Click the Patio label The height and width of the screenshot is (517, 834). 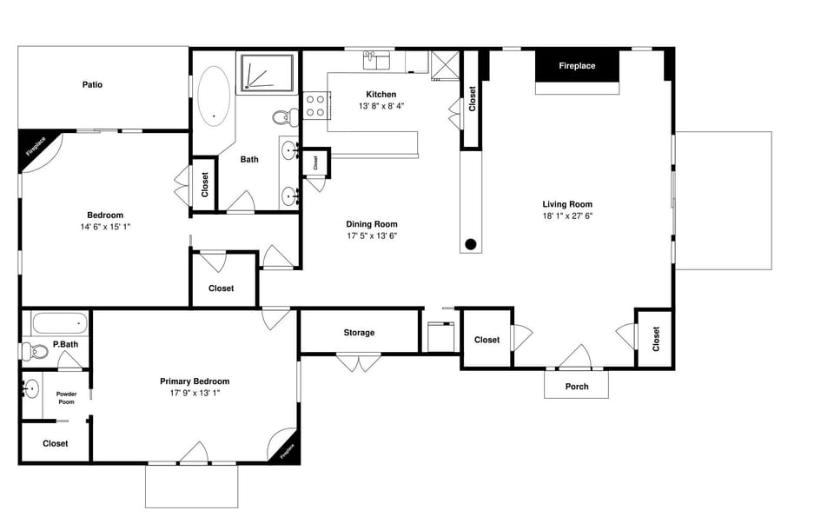click(92, 84)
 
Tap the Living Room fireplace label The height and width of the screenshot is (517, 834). click(577, 66)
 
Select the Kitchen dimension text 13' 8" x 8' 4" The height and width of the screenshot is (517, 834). click(381, 106)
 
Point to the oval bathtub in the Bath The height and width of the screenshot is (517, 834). click(214, 94)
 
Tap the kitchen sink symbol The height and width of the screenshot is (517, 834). click(375, 60)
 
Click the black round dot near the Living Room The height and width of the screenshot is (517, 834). click(471, 244)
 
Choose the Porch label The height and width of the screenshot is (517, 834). click(577, 387)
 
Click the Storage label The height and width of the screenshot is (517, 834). click(359, 333)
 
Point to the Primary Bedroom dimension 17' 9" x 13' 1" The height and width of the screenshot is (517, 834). click(195, 393)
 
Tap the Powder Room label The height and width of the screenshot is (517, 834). click(67, 398)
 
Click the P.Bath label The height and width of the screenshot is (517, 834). click(66, 345)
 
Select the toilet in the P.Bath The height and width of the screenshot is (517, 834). click(35, 352)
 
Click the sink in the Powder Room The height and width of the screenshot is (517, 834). click(32, 388)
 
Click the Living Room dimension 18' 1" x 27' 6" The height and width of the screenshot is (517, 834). click(566, 215)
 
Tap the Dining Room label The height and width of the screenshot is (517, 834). click(372, 224)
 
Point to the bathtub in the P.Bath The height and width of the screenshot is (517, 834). click(59, 325)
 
